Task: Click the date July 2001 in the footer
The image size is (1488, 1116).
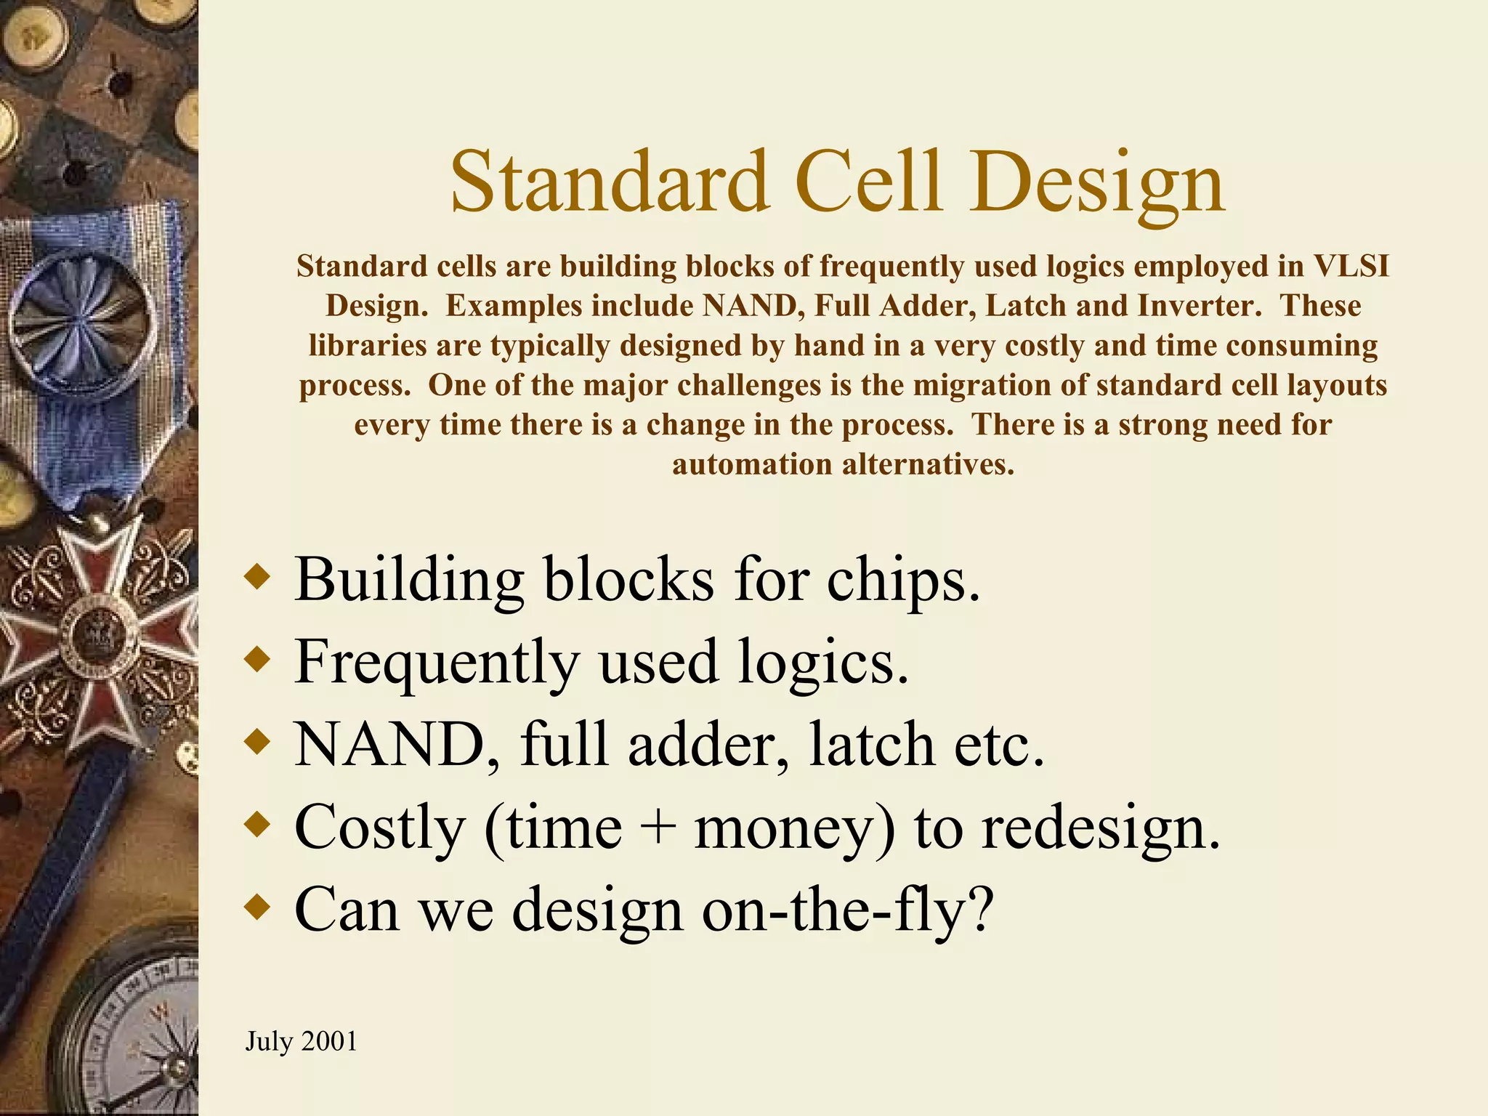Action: pos(301,1041)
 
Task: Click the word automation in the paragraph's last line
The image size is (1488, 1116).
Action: pos(751,464)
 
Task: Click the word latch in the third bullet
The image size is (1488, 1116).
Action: pos(871,744)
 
